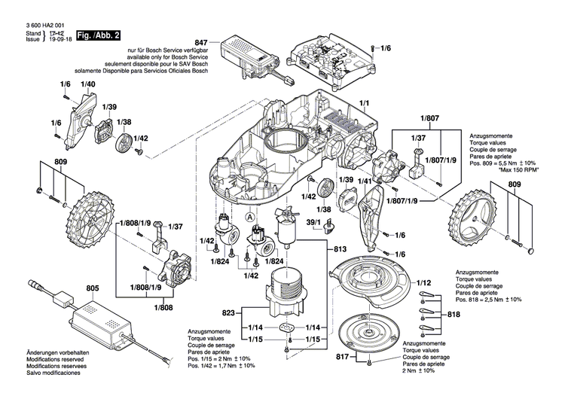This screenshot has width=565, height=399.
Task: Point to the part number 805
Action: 92,287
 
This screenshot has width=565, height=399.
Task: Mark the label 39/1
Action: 313,223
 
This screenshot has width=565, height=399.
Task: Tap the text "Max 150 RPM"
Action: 520,170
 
